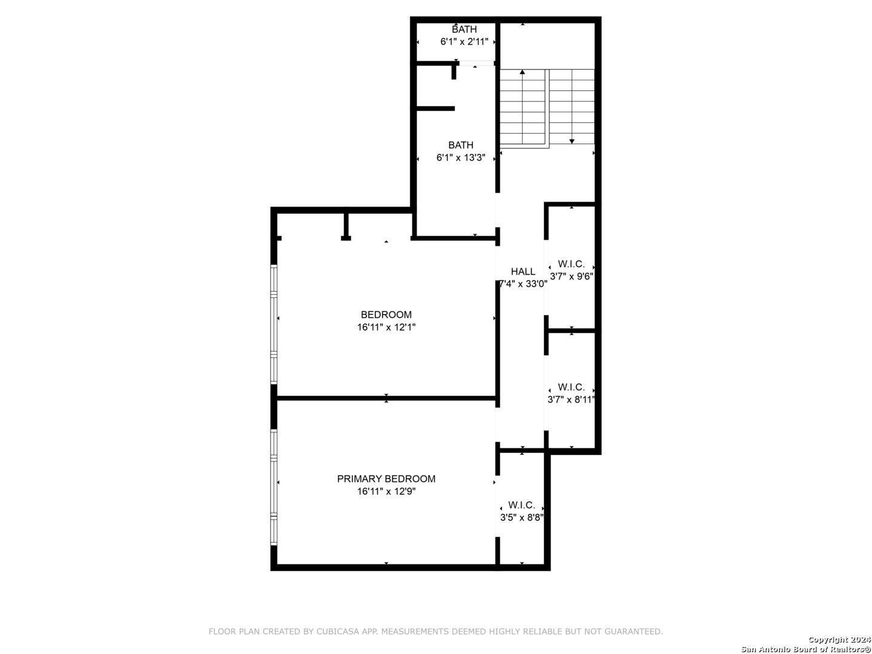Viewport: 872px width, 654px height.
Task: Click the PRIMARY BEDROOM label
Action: (x=386, y=478)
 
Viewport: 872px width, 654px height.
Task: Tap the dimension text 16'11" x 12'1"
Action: (x=386, y=327)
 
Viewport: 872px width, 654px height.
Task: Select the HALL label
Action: (x=523, y=271)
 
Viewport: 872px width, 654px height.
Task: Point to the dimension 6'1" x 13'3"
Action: (x=460, y=157)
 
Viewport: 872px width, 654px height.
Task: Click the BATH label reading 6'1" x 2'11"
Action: (x=464, y=29)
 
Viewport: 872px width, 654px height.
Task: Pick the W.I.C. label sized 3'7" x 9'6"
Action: (x=571, y=263)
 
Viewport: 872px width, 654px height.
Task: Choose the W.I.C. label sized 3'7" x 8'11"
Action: (x=571, y=387)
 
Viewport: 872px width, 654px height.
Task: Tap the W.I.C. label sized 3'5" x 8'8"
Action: (x=521, y=505)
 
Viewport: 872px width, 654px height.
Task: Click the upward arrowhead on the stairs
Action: (x=522, y=72)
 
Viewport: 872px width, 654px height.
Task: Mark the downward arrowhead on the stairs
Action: (x=572, y=141)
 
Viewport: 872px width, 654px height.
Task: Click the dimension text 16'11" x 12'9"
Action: (x=386, y=491)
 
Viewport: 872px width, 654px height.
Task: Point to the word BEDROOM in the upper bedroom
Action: (x=386, y=314)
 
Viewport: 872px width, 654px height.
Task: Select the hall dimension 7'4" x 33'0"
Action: (x=523, y=283)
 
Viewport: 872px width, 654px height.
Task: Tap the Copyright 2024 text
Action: (x=839, y=639)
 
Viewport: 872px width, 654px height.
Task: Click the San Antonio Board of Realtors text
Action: (x=805, y=649)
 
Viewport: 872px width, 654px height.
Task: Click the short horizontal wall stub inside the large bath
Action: (x=435, y=108)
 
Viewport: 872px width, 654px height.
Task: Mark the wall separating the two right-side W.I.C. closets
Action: (x=572, y=331)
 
